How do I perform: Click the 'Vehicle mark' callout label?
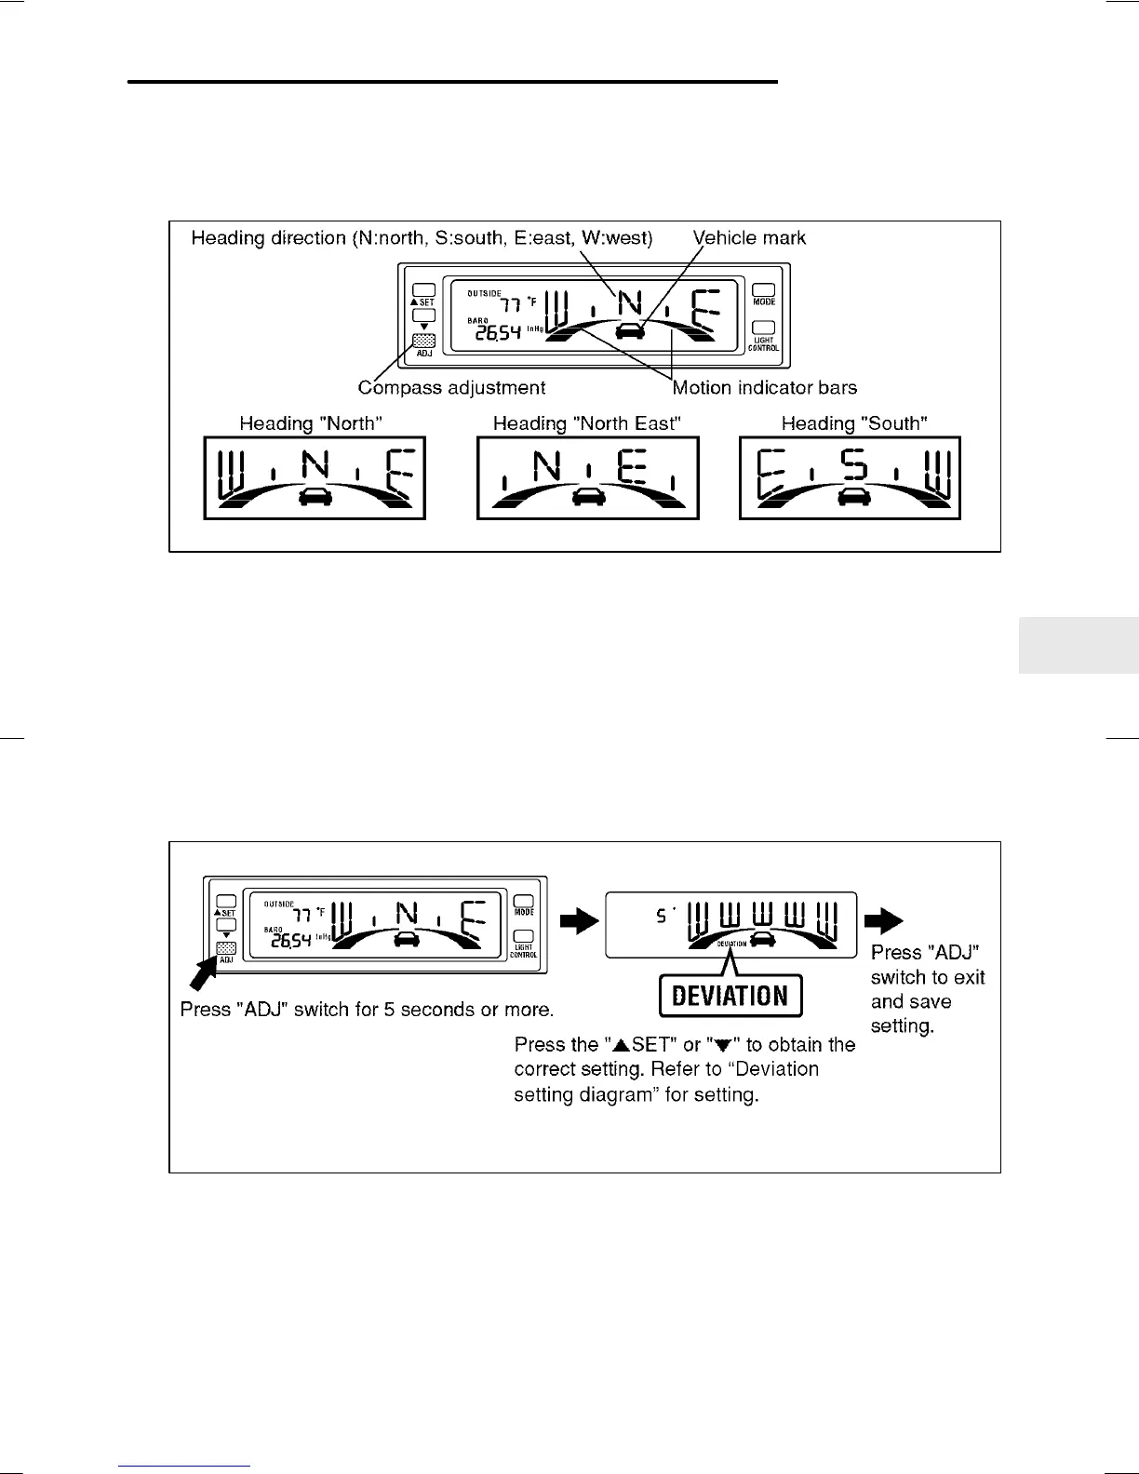(749, 238)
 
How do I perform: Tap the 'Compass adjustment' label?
(451, 388)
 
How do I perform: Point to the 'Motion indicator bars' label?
(764, 388)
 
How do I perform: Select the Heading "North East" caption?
(586, 423)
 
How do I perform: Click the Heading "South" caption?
(854, 423)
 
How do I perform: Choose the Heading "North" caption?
(311, 423)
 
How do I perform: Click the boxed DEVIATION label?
(730, 996)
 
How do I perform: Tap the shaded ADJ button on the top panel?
(424, 341)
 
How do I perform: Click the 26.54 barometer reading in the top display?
(498, 333)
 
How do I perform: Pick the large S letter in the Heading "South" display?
(854, 464)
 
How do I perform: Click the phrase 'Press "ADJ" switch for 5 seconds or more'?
(367, 1010)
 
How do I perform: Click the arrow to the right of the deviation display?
(883, 921)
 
